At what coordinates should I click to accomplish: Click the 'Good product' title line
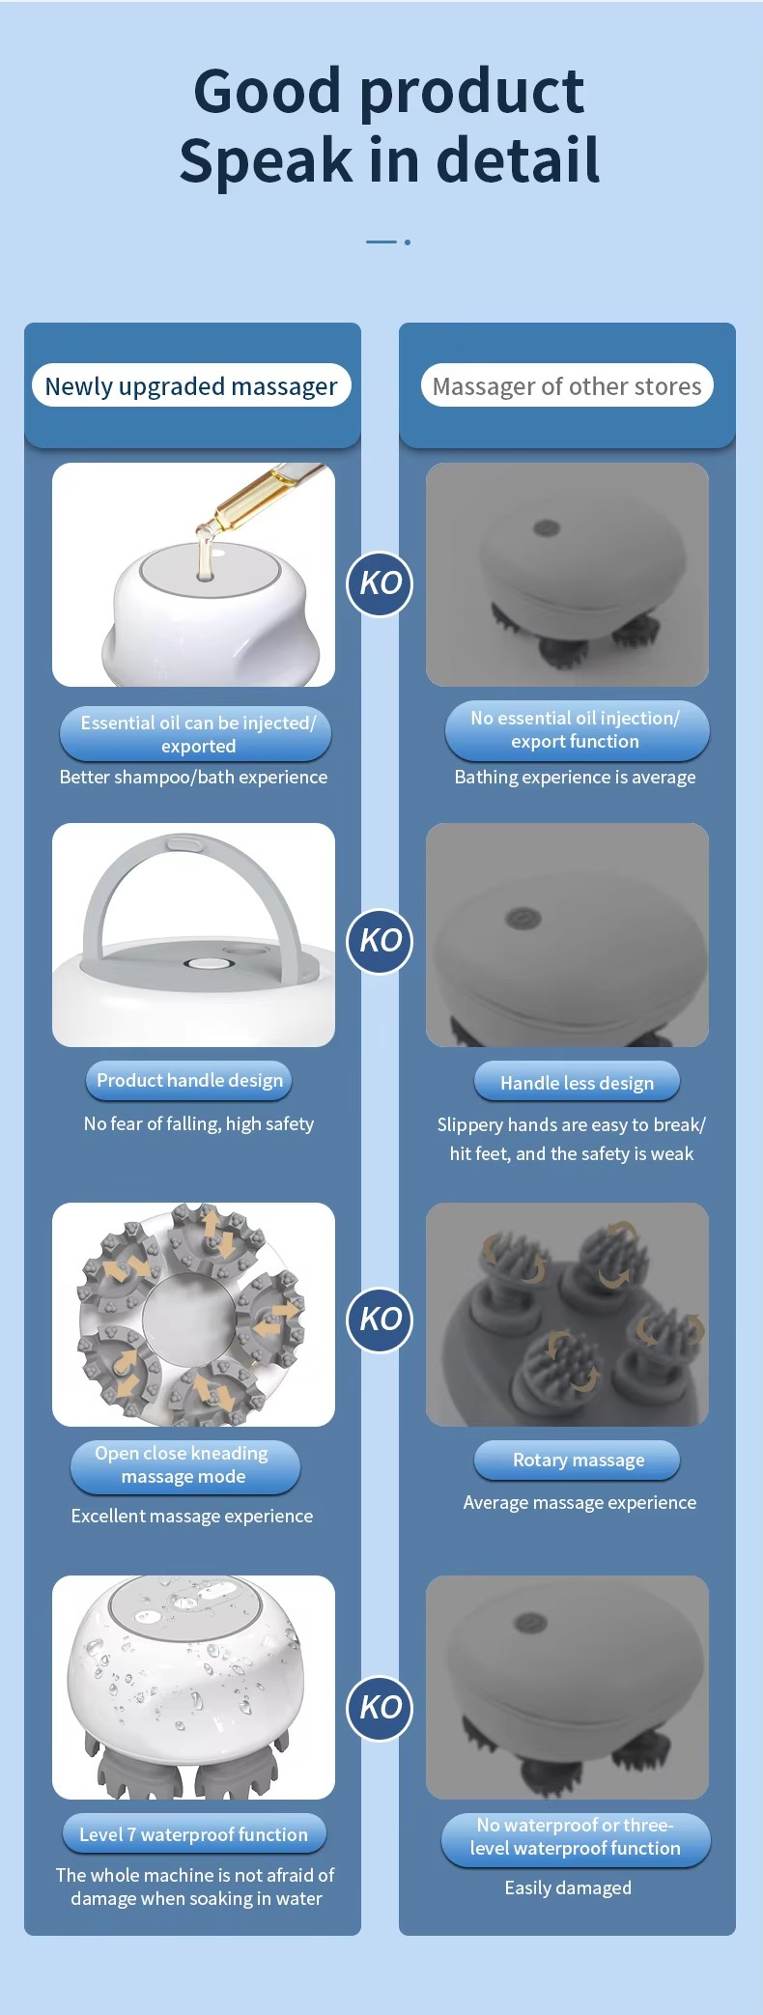click(x=388, y=91)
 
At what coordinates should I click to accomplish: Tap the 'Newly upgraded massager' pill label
click(x=191, y=385)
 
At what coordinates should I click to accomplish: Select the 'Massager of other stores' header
click(x=567, y=385)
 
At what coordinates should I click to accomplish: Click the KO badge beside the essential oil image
click(x=380, y=583)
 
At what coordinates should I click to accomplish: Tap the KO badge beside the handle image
click(x=380, y=941)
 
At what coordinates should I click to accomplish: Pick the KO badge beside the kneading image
click(x=380, y=1320)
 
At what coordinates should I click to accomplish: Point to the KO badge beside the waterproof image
click(x=380, y=1708)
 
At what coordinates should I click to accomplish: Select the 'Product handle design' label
click(x=189, y=1080)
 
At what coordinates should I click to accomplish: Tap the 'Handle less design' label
click(x=577, y=1083)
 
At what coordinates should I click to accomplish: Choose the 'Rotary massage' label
click(x=578, y=1460)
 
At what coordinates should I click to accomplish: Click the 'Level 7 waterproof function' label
click(x=193, y=1834)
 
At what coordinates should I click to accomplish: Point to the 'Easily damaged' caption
click(x=568, y=1887)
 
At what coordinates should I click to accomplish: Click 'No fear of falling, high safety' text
click(x=199, y=1123)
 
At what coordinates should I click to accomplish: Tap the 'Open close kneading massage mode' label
click(x=184, y=1465)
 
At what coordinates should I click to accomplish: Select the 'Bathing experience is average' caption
click(x=575, y=777)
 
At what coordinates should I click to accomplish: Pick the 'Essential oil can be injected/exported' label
click(x=196, y=734)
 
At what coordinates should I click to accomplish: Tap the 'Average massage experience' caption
click(x=579, y=1502)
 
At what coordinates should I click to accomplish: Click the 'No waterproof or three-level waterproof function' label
click(x=576, y=1837)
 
